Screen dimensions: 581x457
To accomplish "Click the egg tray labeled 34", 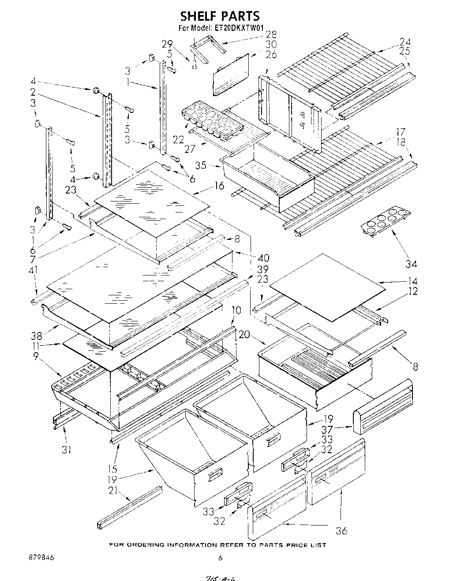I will (x=383, y=220).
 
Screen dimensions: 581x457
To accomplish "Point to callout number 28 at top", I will (x=271, y=34).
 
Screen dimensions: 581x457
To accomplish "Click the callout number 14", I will (x=412, y=281).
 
